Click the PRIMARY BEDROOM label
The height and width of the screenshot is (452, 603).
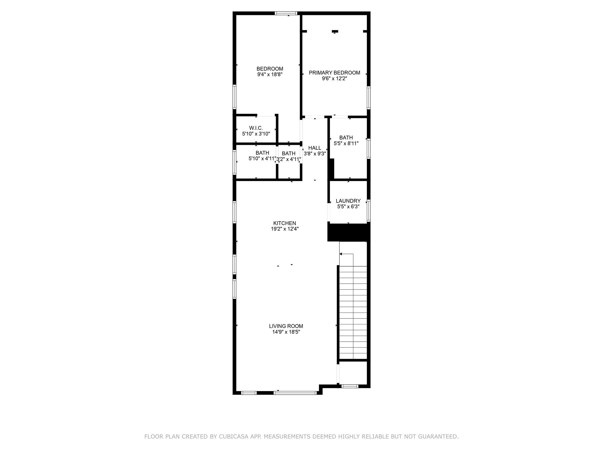click(334, 73)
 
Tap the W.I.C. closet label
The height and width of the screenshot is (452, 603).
click(256, 128)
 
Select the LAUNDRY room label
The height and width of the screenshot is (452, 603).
click(348, 201)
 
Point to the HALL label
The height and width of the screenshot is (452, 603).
click(315, 148)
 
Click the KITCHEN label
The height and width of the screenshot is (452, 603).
click(285, 223)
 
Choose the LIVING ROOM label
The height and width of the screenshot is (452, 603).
click(286, 326)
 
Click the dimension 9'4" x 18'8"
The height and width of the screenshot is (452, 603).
click(270, 75)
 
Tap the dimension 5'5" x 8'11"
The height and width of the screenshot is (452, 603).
click(346, 144)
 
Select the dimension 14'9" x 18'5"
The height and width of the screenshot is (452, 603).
click(286, 332)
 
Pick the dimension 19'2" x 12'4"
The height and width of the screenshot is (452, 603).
click(285, 229)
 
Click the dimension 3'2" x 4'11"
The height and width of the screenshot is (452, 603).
click(289, 159)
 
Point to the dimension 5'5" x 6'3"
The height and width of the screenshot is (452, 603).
click(348, 207)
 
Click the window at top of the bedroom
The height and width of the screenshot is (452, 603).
click(286, 13)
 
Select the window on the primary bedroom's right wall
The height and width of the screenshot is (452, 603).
click(369, 98)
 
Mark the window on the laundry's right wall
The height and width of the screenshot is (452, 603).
click(369, 211)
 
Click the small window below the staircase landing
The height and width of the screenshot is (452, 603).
click(350, 386)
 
